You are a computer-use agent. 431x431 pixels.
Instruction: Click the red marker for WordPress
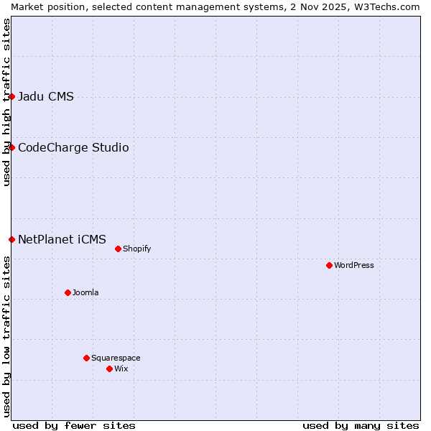tap(329, 265)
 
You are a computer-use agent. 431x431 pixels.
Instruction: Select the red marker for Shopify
tap(118, 249)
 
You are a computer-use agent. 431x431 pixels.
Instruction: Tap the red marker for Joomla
tap(68, 292)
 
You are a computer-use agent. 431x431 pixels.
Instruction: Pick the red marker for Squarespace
tap(86, 358)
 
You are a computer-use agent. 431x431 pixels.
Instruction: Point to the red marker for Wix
tap(109, 369)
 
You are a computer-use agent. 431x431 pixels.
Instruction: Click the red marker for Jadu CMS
tap(11, 96)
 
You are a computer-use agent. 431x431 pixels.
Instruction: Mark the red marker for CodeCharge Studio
tap(11, 147)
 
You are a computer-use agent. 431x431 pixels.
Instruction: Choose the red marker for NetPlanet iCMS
tap(11, 239)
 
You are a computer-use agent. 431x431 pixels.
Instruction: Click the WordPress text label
tap(354, 265)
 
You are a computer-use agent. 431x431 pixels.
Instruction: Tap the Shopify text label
tap(136, 249)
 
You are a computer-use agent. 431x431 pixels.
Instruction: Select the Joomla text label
tap(85, 292)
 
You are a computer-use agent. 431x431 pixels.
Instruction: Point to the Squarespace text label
tap(116, 358)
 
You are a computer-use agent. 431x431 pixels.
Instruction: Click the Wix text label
tap(121, 369)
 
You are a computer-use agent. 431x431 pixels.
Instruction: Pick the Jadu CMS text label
tap(46, 97)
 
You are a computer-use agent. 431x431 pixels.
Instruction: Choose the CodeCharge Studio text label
tap(73, 148)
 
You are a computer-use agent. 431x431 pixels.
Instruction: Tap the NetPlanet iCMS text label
tap(62, 239)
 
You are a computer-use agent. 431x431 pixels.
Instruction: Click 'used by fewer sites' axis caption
tap(74, 425)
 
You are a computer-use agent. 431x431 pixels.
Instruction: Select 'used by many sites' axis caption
tap(361, 425)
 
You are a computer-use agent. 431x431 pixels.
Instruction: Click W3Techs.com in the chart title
tap(391, 6)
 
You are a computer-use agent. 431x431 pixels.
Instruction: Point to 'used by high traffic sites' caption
tap(6, 103)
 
